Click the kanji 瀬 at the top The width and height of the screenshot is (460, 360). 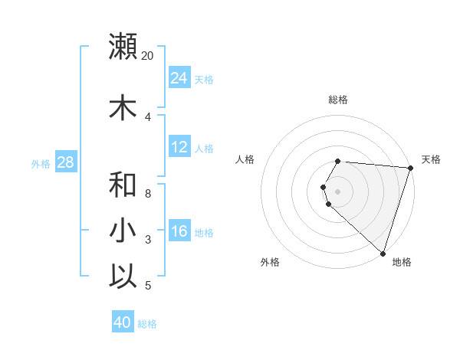[x=123, y=46]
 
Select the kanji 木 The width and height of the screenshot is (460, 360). [x=123, y=108]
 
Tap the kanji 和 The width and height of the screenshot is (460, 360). [x=123, y=185]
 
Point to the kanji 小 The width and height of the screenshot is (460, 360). [x=123, y=231]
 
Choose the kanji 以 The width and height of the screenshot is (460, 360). [x=123, y=276]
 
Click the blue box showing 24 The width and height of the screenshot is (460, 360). [x=179, y=78]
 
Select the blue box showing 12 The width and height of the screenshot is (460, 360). [x=179, y=147]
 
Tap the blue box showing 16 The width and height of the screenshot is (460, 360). [x=179, y=231]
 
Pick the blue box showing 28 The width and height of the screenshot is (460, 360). [x=65, y=162]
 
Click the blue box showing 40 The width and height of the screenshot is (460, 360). [x=123, y=322]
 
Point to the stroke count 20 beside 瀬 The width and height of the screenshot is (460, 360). [x=147, y=56]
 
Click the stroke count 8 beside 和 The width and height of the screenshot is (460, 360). [x=148, y=194]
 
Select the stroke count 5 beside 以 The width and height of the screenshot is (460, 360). [x=148, y=286]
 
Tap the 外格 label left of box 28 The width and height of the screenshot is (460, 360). [x=41, y=163]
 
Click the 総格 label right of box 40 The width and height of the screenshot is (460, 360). [x=147, y=324]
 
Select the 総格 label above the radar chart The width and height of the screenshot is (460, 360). [x=338, y=100]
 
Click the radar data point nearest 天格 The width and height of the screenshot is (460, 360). [x=410, y=168]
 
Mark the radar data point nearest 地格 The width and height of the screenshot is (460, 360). [x=383, y=253]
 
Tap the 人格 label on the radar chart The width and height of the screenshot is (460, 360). [x=245, y=159]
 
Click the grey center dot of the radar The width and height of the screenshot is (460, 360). [x=338, y=191]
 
